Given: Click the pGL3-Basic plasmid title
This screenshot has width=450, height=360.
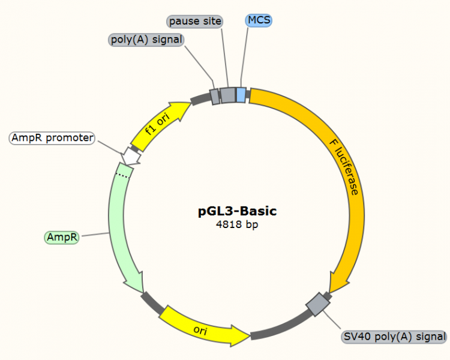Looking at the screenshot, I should (238, 211).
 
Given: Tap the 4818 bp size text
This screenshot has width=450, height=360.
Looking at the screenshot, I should (238, 225).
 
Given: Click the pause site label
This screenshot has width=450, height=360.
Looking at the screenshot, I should (195, 22).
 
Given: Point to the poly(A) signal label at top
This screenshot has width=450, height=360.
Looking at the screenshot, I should (146, 40).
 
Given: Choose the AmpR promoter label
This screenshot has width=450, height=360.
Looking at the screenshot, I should (52, 138).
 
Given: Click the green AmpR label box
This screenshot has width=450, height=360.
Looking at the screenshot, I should (62, 238).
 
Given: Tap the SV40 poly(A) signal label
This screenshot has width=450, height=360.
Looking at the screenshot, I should (394, 337).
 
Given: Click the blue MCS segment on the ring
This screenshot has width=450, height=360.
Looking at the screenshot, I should (241, 95).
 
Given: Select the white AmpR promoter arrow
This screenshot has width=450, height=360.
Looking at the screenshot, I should (131, 155).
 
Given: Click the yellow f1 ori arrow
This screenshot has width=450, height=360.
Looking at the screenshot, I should (158, 127).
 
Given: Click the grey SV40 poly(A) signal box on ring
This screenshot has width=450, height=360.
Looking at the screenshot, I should (316, 305).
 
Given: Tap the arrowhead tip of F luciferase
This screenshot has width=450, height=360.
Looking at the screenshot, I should (334, 289).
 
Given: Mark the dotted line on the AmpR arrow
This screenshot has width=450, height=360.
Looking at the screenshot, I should (123, 175).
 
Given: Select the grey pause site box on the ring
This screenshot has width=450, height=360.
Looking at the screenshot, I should (227, 95).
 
